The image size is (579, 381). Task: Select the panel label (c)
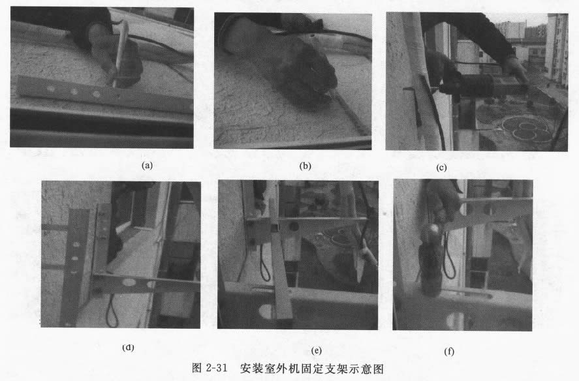pos(442,167)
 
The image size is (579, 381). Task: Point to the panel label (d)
pos(128,347)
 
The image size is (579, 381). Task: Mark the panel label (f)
pos(449,351)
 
